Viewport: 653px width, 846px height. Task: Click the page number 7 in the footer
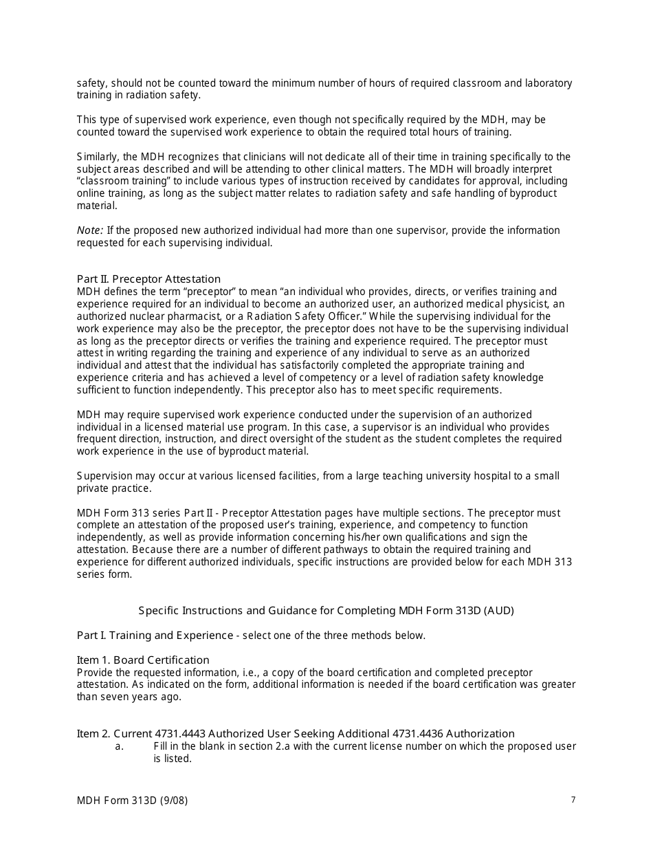(x=573, y=799)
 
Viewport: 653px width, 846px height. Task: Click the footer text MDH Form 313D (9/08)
(x=132, y=801)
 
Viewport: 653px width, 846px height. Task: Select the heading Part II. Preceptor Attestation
(x=148, y=279)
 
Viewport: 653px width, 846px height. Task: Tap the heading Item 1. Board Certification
(x=143, y=660)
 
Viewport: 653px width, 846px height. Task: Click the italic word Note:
(x=90, y=230)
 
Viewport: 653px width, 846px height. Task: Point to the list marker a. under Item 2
(x=119, y=746)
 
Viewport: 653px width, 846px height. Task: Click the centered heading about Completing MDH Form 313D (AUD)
(x=326, y=611)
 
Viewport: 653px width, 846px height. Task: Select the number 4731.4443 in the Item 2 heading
(x=178, y=734)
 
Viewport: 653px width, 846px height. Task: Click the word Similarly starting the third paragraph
(x=98, y=157)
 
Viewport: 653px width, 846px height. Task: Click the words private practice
(x=113, y=488)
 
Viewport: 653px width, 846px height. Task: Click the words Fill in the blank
(x=188, y=746)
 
